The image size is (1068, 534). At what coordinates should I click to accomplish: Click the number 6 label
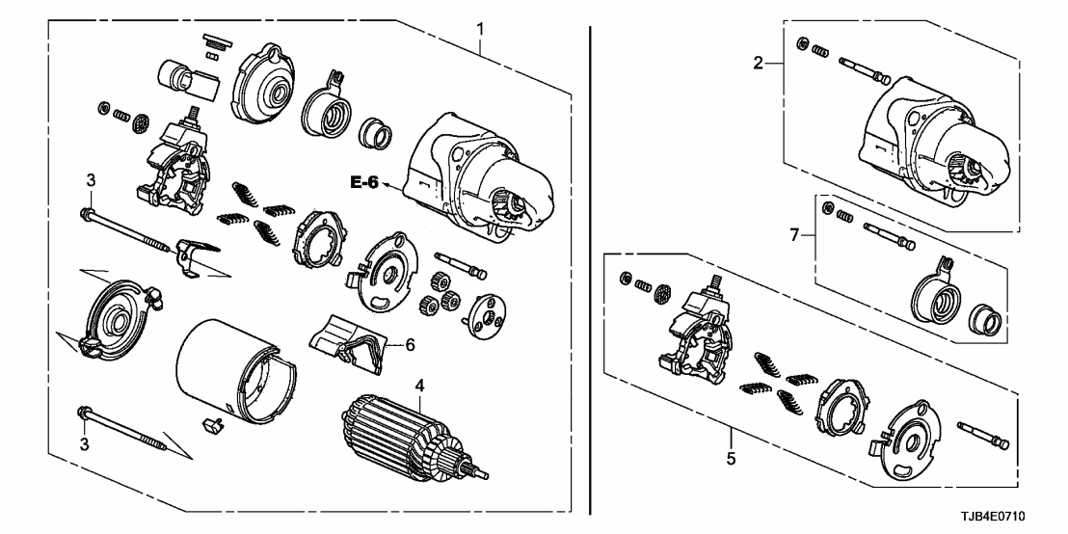click(410, 344)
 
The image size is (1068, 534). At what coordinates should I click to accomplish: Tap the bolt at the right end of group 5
click(982, 433)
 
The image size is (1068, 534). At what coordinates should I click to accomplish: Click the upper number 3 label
click(91, 179)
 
